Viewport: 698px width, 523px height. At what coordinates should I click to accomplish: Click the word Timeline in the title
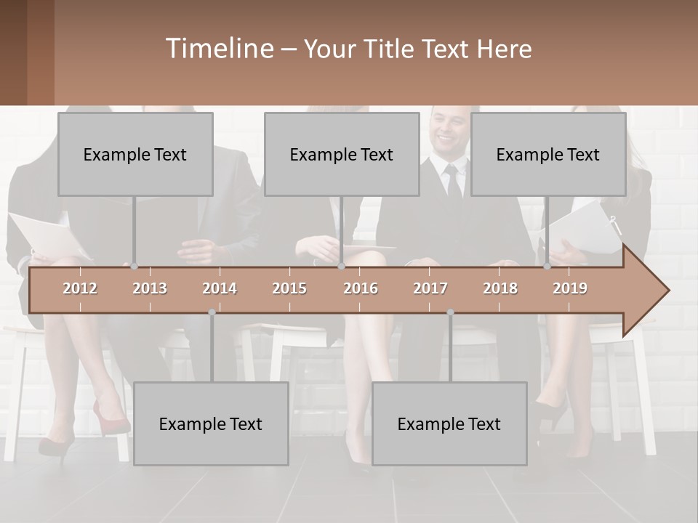point(219,48)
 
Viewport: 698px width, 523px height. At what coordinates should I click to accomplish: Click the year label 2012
point(80,288)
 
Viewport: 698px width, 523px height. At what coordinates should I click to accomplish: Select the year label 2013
point(150,288)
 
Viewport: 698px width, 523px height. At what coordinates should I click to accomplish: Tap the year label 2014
point(220,288)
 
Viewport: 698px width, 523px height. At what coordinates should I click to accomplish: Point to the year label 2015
point(289,288)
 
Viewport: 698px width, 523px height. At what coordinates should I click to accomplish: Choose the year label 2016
point(361,288)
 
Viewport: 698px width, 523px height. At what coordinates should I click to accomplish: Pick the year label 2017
point(430,288)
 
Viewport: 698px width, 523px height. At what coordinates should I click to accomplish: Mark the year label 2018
point(500,288)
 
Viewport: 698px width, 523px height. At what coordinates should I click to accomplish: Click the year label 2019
point(570,288)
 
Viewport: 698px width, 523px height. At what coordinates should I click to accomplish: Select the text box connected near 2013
point(135,154)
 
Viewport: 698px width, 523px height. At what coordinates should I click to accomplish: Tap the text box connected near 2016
point(342,154)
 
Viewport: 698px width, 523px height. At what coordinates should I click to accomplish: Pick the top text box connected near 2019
point(548,154)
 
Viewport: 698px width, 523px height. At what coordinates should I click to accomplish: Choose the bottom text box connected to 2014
point(211,423)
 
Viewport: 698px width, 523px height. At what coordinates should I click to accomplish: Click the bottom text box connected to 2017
point(449,423)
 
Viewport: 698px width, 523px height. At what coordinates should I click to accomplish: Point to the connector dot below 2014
point(212,312)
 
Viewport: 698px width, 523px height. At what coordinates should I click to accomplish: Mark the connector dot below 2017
point(450,312)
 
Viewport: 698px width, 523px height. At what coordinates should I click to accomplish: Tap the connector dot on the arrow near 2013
point(134,267)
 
